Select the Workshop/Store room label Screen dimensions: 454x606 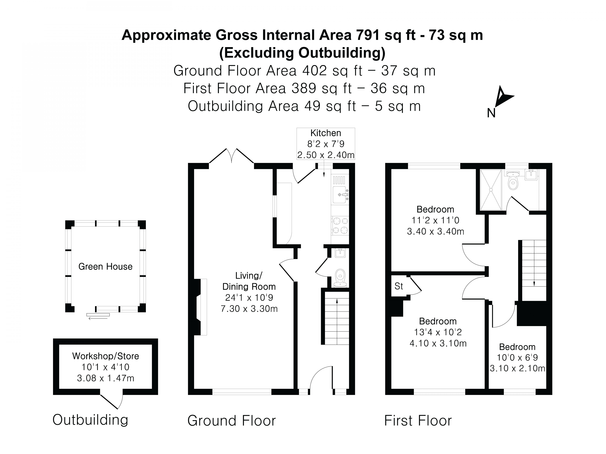(105, 356)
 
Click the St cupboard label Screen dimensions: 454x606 (399, 286)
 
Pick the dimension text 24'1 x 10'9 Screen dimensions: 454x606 (249, 298)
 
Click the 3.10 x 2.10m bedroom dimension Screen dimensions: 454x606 (517, 368)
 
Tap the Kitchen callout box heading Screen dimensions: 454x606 (325, 133)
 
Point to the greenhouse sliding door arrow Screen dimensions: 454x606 (98, 318)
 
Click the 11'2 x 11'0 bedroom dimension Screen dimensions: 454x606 (435, 220)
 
